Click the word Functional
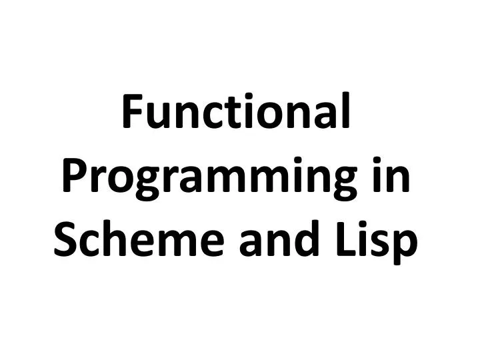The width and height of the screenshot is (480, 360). [237, 115]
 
